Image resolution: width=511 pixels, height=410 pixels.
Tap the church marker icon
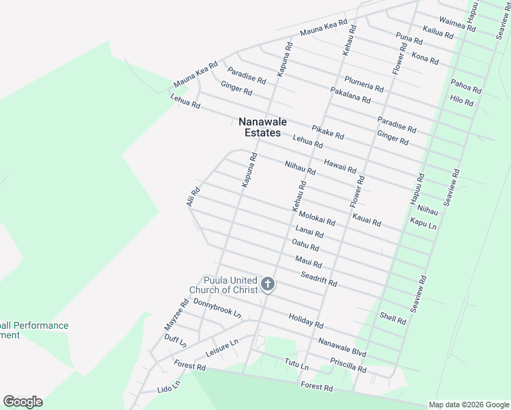(268, 284)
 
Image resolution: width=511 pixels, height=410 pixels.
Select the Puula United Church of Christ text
(231, 285)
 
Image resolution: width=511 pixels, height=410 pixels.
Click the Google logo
(23, 402)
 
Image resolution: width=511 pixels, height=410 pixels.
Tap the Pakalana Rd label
(350, 95)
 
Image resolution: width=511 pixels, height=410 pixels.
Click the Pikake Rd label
(327, 132)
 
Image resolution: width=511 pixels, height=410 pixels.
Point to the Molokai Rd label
(317, 219)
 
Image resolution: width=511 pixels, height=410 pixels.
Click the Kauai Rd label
(367, 219)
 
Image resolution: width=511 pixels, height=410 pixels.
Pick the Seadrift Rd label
(319, 279)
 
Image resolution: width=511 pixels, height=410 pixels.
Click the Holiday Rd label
(305, 319)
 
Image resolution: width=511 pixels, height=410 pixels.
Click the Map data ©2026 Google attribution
(468, 405)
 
